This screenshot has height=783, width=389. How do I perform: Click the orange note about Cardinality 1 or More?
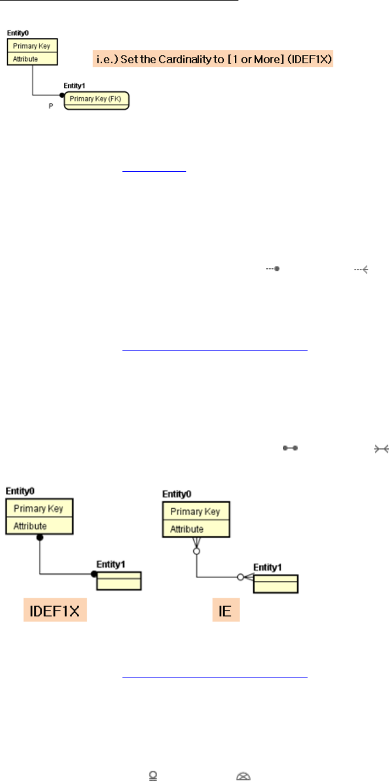pos(213,60)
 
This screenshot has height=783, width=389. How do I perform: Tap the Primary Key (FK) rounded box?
pos(96,100)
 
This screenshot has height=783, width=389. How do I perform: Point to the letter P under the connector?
pos(50,107)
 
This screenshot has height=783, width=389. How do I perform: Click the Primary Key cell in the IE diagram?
pos(195,512)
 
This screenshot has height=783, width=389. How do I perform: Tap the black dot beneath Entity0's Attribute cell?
pos(39,537)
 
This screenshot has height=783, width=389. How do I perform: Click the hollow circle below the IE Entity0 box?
pos(197,551)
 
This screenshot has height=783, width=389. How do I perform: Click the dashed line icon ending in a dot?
pos(273,268)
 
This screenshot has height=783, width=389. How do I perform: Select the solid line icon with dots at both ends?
pos(291,448)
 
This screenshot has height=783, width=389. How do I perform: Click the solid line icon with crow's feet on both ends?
pos(381,448)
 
